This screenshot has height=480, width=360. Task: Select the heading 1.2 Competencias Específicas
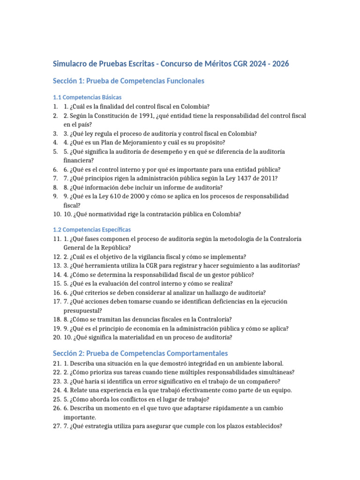91,230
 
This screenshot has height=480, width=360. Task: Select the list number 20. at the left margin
57,337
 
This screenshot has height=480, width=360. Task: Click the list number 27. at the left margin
57,426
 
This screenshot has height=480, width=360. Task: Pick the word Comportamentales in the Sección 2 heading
192,353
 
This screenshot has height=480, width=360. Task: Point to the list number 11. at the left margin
57,239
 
